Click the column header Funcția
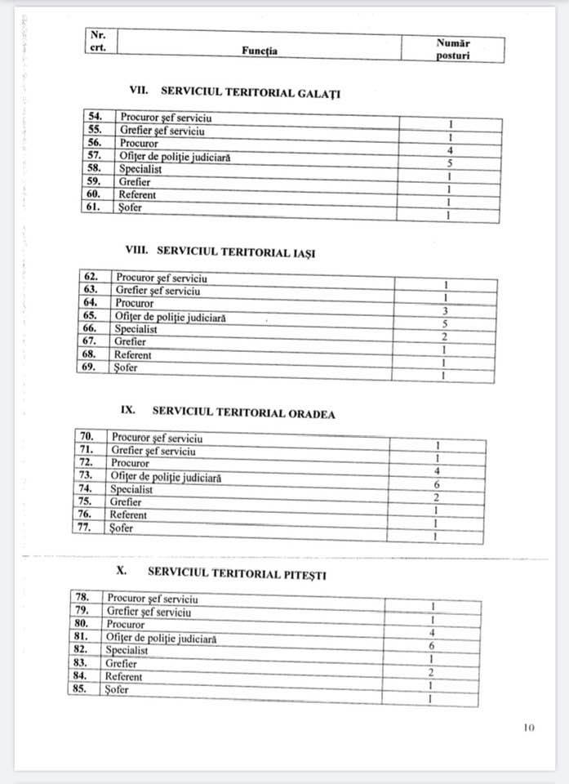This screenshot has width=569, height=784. pyautogui.click(x=260, y=51)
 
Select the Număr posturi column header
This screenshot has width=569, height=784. pyautogui.click(x=453, y=48)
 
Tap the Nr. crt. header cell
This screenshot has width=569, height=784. pyautogui.click(x=98, y=41)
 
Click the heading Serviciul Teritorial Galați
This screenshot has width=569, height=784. pyautogui.click(x=234, y=92)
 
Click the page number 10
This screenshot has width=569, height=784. pyautogui.click(x=529, y=728)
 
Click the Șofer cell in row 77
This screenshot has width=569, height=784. pyautogui.click(x=122, y=528)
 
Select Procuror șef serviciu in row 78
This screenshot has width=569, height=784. pyautogui.click(x=152, y=599)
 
